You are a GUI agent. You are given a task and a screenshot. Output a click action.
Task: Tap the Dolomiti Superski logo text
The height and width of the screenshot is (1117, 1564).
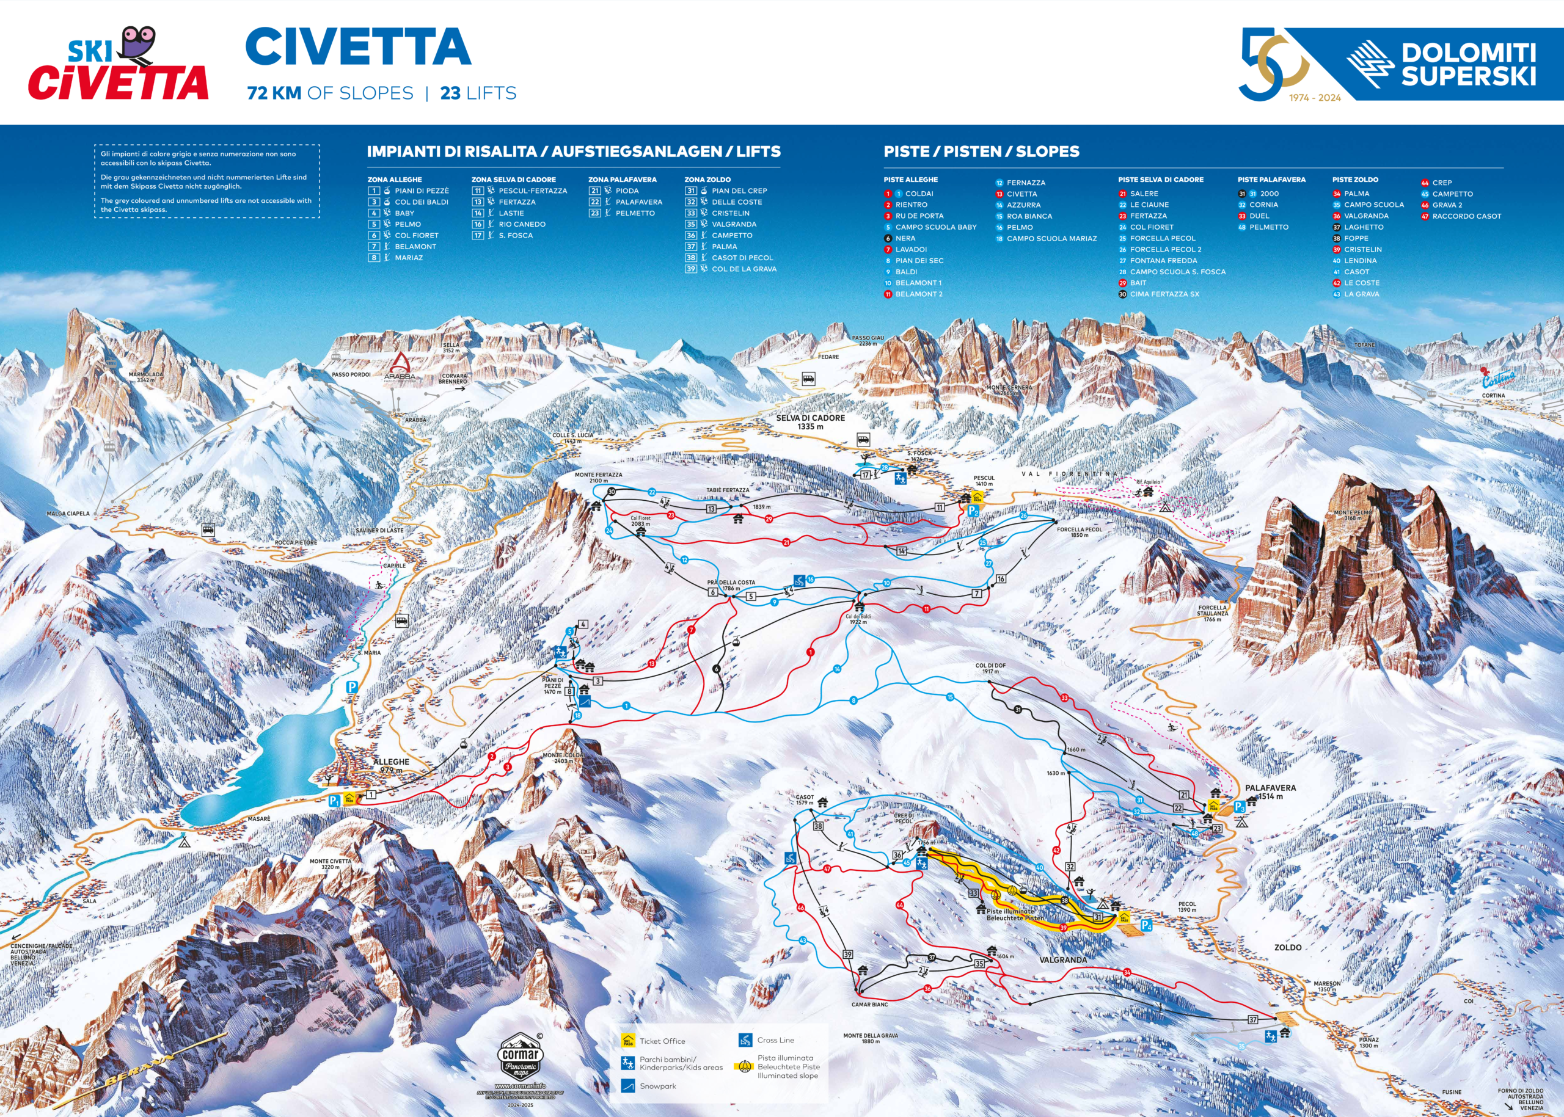[1467, 65]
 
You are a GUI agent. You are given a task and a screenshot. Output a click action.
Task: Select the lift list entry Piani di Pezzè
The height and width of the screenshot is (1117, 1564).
[420, 191]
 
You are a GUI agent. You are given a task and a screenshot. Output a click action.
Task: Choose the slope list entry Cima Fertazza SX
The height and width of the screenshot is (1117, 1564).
[1164, 294]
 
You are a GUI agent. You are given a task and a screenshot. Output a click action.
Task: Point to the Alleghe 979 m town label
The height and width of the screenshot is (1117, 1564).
[391, 765]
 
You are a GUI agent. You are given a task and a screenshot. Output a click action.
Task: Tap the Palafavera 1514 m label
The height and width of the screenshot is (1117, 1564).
[1270, 791]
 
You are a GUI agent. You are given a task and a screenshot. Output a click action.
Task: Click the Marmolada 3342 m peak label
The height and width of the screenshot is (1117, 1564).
[146, 377]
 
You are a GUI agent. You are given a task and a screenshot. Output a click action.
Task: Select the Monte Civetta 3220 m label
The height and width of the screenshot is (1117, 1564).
[331, 864]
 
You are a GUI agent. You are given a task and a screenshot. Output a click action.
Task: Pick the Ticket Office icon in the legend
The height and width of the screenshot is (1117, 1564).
[627, 1040]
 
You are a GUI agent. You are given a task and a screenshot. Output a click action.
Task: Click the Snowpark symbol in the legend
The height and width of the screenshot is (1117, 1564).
[627, 1086]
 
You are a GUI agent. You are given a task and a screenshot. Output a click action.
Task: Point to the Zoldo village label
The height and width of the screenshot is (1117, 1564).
[1287, 947]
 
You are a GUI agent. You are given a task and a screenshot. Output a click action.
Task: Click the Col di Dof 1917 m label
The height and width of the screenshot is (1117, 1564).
[990, 668]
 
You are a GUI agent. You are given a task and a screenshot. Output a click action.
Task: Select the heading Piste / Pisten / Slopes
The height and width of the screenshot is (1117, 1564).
[981, 151]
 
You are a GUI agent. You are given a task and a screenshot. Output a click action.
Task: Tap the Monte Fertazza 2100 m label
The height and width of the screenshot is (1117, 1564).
[598, 478]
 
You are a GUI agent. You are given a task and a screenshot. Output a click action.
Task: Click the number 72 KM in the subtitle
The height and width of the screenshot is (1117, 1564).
[274, 93]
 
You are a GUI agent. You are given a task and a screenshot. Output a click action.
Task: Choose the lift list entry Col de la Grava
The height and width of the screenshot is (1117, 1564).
[743, 269]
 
